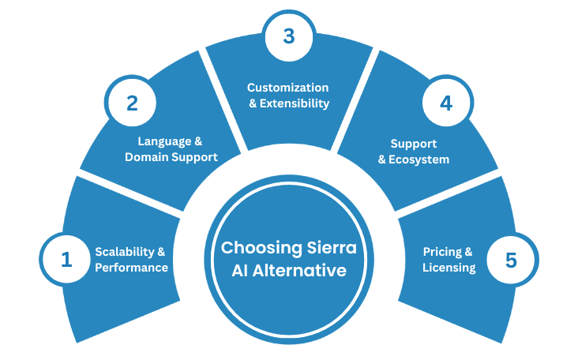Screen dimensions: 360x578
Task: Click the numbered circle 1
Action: pos(66,259)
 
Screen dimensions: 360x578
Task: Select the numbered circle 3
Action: pos(289,36)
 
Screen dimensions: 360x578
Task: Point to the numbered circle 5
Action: pos(511,259)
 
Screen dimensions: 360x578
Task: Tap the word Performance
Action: pos(132,268)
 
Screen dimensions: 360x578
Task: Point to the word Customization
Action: pos(287,88)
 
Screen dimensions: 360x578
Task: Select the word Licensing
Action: pos(449,268)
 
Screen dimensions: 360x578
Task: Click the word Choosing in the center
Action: pos(254,248)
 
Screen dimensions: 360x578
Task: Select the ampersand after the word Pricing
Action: pos(468,252)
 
